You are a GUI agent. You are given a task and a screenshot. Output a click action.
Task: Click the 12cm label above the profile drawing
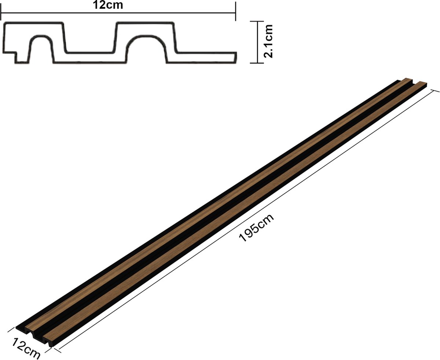click(x=108, y=5)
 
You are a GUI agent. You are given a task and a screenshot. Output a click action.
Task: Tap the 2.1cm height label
click(x=268, y=41)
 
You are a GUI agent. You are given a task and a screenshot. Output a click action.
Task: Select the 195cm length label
click(x=256, y=228)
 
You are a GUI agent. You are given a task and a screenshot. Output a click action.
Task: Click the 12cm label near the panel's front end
click(x=26, y=348)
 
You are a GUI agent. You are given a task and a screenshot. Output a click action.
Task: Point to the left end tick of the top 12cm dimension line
click(x=1, y=13)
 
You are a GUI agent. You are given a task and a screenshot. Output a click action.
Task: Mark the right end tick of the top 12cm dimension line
click(x=235, y=11)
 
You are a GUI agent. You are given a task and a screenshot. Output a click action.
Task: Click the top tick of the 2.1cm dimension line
click(x=257, y=21)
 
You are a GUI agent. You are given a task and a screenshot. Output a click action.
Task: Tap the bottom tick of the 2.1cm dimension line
click(x=257, y=63)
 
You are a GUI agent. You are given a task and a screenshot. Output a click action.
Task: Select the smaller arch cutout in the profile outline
click(x=41, y=36)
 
